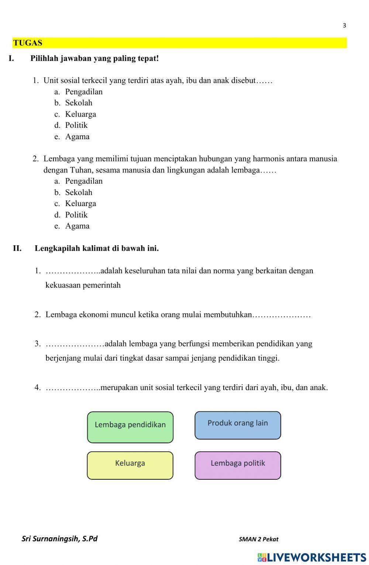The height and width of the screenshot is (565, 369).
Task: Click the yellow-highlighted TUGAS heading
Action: (x=28, y=43)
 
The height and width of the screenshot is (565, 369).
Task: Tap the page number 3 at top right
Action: (x=344, y=25)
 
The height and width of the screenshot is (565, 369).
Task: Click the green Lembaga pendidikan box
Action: (x=130, y=427)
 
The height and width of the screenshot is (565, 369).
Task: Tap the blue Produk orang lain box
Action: (x=238, y=425)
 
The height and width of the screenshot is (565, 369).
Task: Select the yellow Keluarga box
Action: (x=130, y=465)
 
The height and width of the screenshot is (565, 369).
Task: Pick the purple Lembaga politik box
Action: (x=238, y=465)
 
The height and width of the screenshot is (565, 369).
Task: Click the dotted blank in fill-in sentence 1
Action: (x=72, y=272)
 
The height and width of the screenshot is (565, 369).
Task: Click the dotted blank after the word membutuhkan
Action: (x=282, y=316)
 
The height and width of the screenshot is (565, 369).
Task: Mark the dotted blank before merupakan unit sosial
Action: (x=72, y=388)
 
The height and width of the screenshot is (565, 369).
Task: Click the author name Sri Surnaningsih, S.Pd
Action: (x=59, y=538)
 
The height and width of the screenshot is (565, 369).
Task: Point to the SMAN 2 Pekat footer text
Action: (x=258, y=539)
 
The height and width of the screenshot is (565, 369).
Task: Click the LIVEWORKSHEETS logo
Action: (x=312, y=557)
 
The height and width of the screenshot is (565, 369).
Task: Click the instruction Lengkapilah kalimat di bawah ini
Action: (x=97, y=248)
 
